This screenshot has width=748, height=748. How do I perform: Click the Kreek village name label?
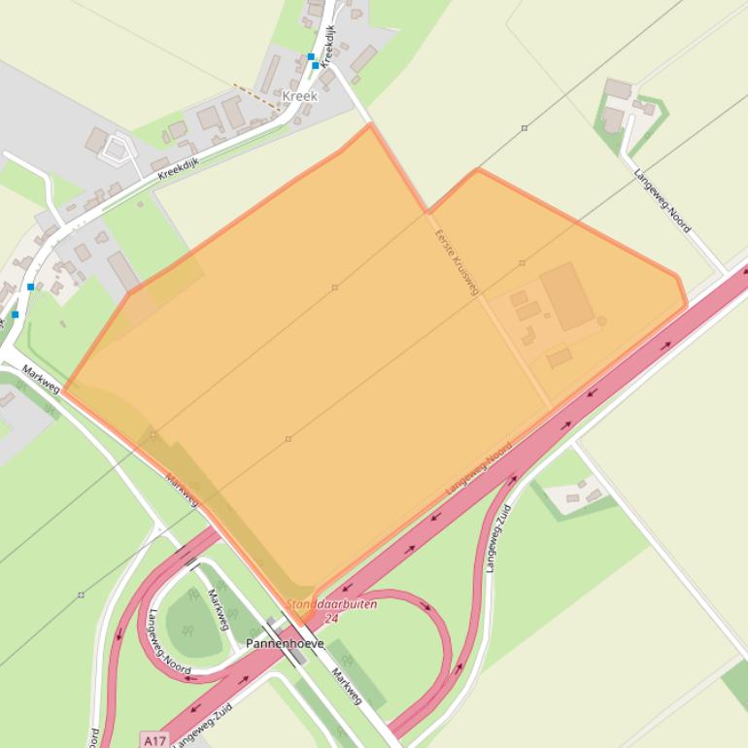[x=299, y=97]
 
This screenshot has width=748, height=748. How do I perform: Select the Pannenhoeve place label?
[x=284, y=644]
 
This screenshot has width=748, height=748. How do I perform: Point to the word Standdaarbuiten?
[x=331, y=604]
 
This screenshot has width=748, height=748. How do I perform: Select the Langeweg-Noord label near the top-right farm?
[x=663, y=201]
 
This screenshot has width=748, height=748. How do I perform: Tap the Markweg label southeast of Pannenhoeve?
[x=346, y=686]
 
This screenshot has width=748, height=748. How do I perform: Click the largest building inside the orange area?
[x=567, y=297]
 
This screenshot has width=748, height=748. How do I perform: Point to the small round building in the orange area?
[x=601, y=321]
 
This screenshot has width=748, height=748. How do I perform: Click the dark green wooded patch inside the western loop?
[x=192, y=623]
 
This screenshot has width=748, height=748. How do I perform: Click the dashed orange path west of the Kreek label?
[x=254, y=95]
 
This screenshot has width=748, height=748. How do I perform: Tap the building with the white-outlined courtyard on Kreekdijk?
[x=117, y=149]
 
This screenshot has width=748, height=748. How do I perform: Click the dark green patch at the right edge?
[x=735, y=684]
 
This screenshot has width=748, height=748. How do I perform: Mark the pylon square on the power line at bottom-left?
[x=81, y=595]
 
